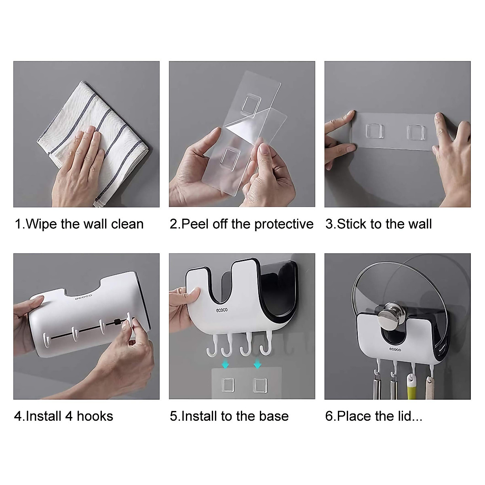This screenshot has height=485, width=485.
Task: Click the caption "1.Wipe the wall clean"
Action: pyautogui.click(x=79, y=224)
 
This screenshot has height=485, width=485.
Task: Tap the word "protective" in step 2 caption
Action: pyautogui.click(x=284, y=224)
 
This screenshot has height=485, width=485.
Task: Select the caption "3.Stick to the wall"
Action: pyautogui.click(x=378, y=224)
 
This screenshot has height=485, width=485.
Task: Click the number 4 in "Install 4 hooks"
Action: pyautogui.click(x=70, y=416)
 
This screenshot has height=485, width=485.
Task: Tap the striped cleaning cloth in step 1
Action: pyautogui.click(x=93, y=141)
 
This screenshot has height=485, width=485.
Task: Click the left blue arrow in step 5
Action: pyautogui.click(x=226, y=364)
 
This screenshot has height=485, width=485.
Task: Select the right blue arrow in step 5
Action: pyautogui.click(x=257, y=364)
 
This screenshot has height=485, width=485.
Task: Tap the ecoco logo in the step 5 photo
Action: pyautogui.click(x=222, y=310)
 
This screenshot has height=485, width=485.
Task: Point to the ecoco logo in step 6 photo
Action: pyautogui.click(x=395, y=349)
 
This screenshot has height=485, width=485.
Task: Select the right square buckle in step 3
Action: pyautogui.click(x=416, y=132)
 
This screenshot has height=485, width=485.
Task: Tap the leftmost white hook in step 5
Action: pyautogui.click(x=213, y=346)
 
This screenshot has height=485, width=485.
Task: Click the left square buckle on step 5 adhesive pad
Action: pyautogui.click(x=228, y=385)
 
